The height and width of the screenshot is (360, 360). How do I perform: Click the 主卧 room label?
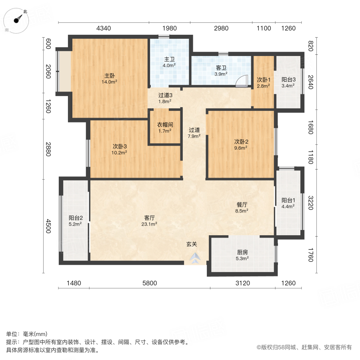pos(110,76)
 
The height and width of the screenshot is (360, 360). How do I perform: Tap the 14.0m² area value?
pos(110,82)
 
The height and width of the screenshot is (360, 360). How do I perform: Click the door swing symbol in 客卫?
pos(241,82)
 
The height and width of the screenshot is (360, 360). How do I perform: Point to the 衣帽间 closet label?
pos(165,124)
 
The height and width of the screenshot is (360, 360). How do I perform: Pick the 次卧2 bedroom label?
pos(241,141)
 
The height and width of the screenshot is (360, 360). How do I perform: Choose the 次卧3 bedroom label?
pos(120,146)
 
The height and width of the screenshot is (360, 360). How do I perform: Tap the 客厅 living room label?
pos(150,218)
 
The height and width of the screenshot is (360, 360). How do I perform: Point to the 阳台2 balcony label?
pos(75,218)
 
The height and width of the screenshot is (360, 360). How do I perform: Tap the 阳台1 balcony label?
pos(288,200)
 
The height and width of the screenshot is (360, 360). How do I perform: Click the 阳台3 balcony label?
pos(288,79)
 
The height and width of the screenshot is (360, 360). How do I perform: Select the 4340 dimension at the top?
pos(104,28)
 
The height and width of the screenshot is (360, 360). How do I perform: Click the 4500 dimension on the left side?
pos(48,226)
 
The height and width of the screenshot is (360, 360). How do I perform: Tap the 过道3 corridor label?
pos(165,95)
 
